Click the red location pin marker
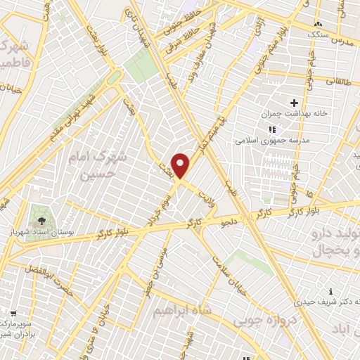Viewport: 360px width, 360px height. tap(181, 165)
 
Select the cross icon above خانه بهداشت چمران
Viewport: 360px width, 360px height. tap(294, 103)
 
